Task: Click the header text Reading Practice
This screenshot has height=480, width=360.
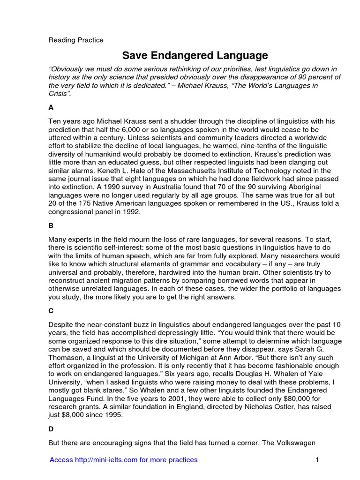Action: (x=76, y=40)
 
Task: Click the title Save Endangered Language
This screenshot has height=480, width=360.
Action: (x=195, y=56)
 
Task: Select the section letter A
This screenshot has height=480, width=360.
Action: (x=51, y=107)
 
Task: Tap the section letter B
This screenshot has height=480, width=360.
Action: (x=51, y=225)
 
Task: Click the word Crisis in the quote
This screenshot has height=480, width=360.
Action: (x=59, y=94)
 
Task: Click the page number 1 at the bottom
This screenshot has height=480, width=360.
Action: (x=317, y=460)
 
